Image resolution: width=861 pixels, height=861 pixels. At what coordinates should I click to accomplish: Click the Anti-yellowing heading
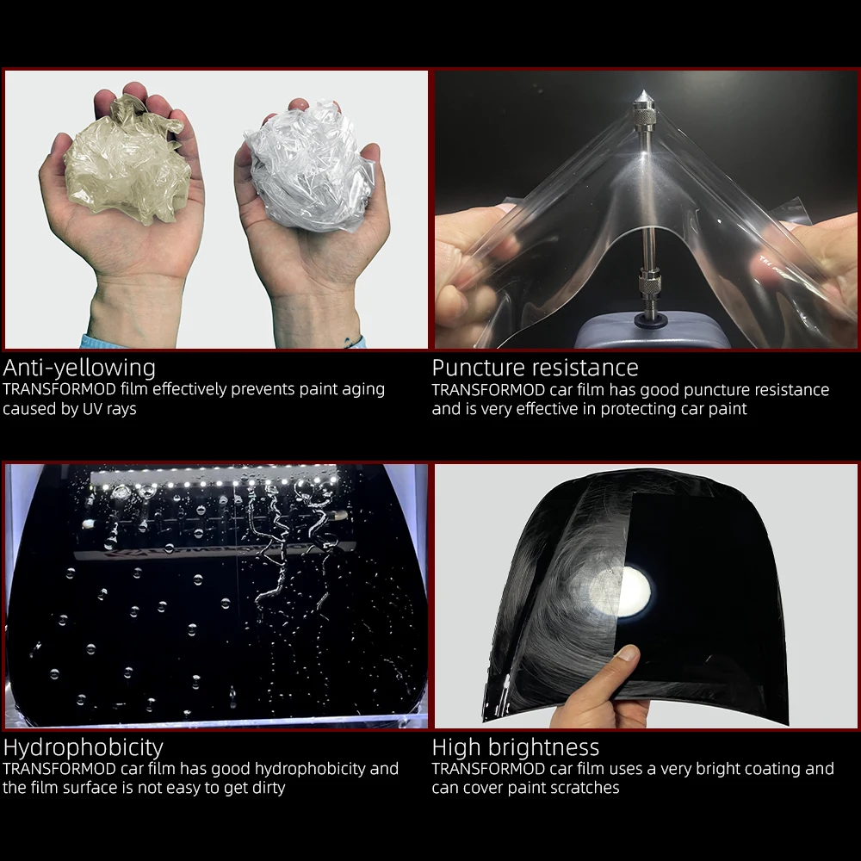(79, 368)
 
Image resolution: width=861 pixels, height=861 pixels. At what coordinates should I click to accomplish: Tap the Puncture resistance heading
(535, 368)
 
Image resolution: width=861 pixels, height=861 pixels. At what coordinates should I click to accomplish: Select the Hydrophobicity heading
(83, 747)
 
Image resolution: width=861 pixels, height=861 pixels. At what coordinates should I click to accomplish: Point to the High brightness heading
(516, 747)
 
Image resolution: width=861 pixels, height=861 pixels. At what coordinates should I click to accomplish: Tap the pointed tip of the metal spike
(643, 91)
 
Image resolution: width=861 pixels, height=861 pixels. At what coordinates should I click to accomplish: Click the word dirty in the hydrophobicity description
(269, 789)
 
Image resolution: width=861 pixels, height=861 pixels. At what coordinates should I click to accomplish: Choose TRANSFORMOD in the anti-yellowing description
(59, 389)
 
